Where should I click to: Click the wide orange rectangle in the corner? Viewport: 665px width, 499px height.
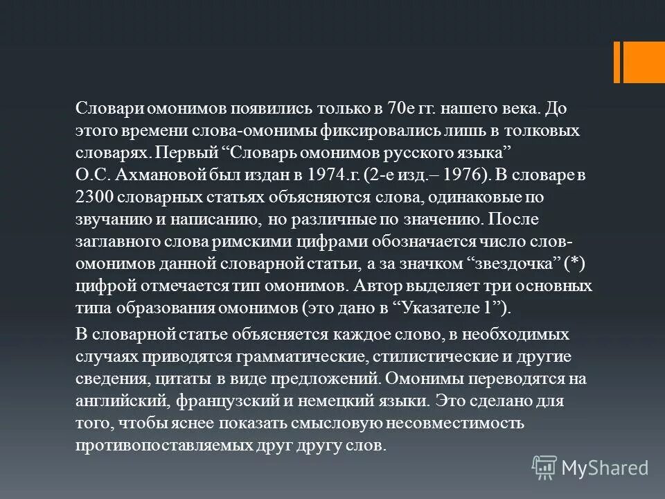click(644, 62)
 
